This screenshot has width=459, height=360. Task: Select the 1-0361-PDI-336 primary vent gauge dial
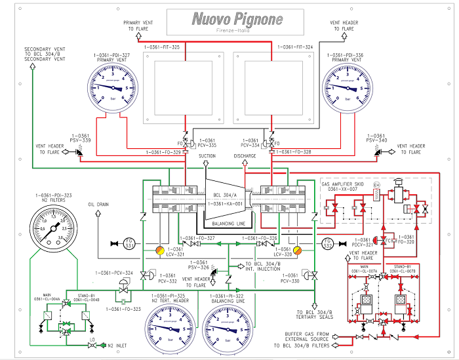tap(351, 88)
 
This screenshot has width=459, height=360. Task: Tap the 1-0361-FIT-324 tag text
tap(296, 47)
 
